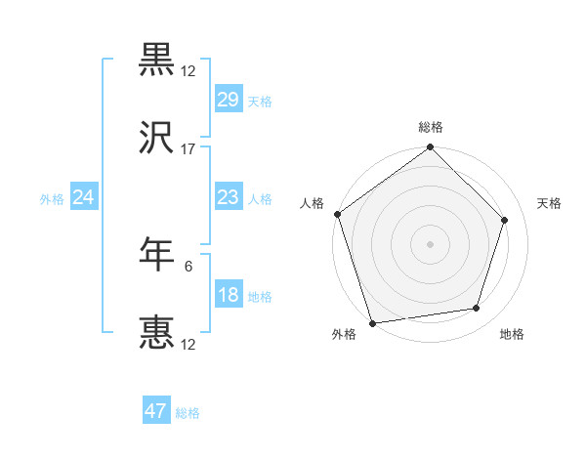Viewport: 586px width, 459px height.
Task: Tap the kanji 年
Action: pyautogui.click(x=156, y=254)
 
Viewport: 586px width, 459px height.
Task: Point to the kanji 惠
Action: pyautogui.click(x=156, y=333)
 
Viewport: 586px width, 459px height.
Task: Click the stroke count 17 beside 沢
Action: pyautogui.click(x=188, y=149)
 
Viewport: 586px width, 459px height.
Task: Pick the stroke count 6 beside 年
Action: pyautogui.click(x=189, y=264)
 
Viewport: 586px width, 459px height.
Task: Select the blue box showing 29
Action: pyautogui.click(x=229, y=100)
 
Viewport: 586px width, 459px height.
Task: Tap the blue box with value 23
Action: pyautogui.click(x=229, y=197)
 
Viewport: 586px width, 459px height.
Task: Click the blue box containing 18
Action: pyautogui.click(x=229, y=295)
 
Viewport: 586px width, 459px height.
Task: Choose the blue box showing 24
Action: pyautogui.click(x=84, y=197)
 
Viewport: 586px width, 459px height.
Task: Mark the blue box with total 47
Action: pyautogui.click(x=156, y=411)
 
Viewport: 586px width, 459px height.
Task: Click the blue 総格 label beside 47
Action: pyautogui.click(x=188, y=413)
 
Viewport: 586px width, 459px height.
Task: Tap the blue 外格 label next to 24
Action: pyautogui.click(x=52, y=198)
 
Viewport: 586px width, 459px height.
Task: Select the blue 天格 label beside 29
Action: pyautogui.click(x=260, y=101)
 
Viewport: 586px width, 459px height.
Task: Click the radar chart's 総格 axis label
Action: pyautogui.click(x=431, y=127)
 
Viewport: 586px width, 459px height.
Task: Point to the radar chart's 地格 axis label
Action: pyautogui.click(x=512, y=334)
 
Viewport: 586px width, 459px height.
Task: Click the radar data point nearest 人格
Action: pyautogui.click(x=337, y=215)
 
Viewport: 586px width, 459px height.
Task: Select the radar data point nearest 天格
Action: pyautogui.click(x=505, y=220)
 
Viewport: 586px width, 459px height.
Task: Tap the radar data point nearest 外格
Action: pyautogui.click(x=372, y=322)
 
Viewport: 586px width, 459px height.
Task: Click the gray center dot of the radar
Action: pyautogui.click(x=431, y=244)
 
